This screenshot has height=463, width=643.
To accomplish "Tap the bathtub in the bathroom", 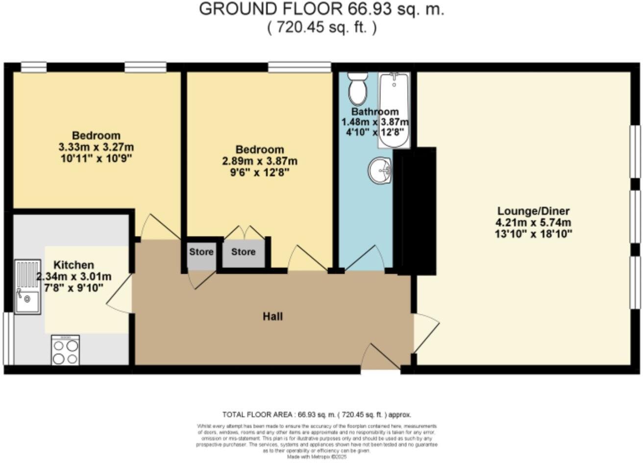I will [x=394, y=110].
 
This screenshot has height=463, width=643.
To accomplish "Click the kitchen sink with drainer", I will [x=27, y=286].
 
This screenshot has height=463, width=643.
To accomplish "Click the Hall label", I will [x=272, y=316].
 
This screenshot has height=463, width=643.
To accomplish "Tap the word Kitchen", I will [x=74, y=265].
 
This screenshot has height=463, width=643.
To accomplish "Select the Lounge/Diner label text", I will [x=534, y=211].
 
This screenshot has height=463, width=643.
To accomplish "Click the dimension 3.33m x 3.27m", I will [x=96, y=147].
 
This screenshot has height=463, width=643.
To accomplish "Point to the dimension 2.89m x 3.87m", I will [x=260, y=161].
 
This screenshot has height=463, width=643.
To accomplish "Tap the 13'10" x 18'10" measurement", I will [x=534, y=234].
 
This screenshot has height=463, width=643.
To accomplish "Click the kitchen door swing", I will [x=120, y=293].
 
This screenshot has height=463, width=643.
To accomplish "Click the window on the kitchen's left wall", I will [x=8, y=338].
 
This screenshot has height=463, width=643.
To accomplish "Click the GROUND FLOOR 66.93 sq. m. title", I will [x=321, y=9].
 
